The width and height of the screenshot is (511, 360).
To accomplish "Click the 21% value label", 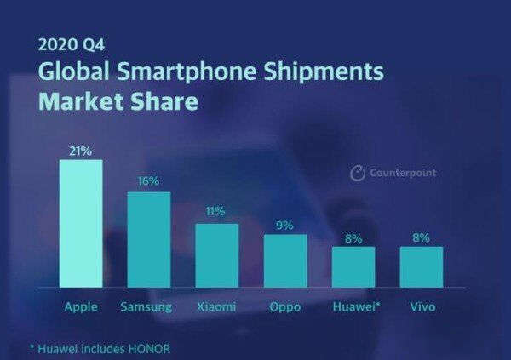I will (81, 151).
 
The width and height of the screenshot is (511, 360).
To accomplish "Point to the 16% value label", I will (149, 182).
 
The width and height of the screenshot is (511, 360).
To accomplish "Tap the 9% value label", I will (285, 225).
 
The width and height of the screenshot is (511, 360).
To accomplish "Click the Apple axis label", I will (81, 306).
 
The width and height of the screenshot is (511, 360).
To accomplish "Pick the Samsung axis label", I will (148, 306).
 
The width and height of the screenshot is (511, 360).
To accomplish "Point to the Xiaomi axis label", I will (216, 306).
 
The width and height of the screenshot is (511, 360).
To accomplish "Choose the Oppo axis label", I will (285, 306).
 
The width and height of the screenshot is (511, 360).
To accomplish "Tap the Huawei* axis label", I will (354, 306).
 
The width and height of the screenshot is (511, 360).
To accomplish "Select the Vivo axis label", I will (421, 306).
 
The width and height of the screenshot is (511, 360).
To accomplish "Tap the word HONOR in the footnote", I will (152, 348).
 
